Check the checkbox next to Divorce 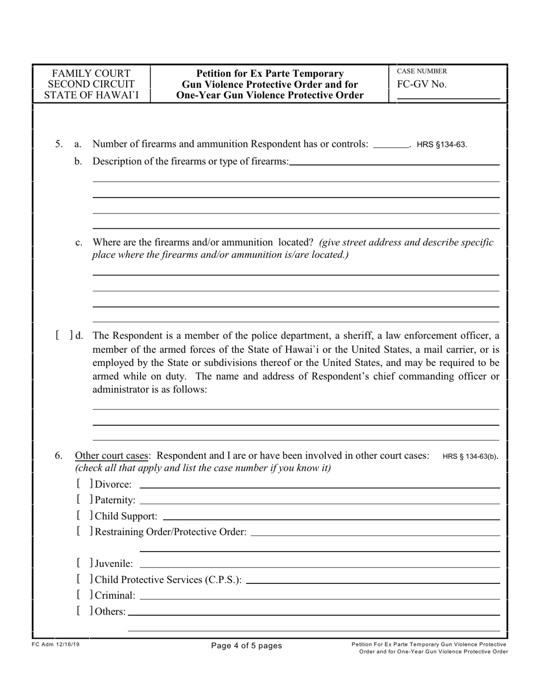coord(84,484)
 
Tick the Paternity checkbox coord(84,500)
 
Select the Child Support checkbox coord(84,516)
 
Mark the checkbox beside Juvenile coord(84,564)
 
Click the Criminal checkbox coord(84,596)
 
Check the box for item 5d coord(64,335)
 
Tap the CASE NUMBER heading coord(421,72)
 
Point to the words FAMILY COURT coord(91,73)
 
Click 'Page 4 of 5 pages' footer coord(246,645)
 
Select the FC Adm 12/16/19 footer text coord(56,645)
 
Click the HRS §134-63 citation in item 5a coord(442,145)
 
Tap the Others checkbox coord(84,612)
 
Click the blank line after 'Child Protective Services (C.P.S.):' coord(373,580)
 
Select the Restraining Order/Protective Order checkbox coord(84,532)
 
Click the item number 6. coord(59,455)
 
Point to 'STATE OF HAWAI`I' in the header coord(91,95)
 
